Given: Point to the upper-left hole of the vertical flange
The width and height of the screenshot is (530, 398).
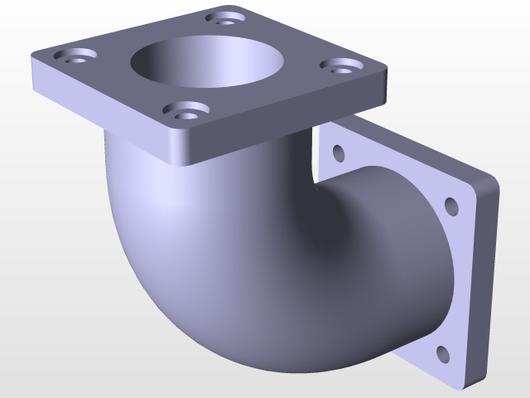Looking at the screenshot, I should click(x=338, y=153).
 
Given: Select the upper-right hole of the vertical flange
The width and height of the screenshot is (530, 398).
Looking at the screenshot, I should click(x=451, y=205).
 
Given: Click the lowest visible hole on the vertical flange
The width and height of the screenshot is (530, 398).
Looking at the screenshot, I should click(x=443, y=354).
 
